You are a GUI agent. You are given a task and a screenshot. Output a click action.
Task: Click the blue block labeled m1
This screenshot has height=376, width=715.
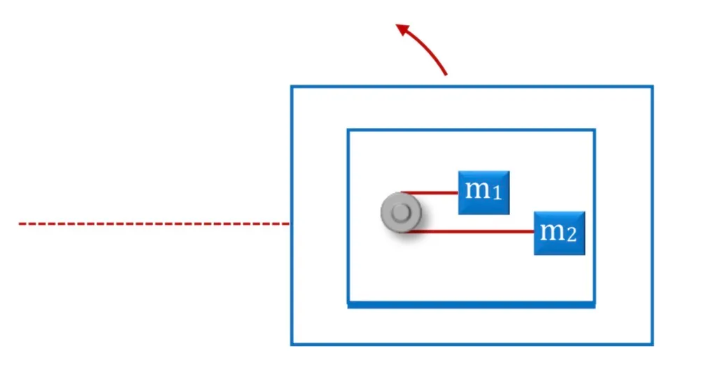click(x=484, y=192)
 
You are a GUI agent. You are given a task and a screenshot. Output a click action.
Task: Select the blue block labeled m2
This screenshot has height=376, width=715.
click(x=560, y=233)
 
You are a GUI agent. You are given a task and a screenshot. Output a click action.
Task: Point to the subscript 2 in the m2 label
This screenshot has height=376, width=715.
click(x=572, y=235)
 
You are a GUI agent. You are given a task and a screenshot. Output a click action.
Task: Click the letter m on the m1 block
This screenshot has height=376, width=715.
click(x=478, y=189)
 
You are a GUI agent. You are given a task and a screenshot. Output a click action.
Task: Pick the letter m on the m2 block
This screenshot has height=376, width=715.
click(x=553, y=231)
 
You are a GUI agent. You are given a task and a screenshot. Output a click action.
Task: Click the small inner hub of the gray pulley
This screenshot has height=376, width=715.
click(x=401, y=212)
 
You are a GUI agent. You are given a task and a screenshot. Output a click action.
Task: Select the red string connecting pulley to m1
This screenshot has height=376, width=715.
click(x=430, y=193)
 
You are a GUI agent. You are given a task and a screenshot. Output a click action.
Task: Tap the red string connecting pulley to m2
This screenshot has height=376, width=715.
click(x=471, y=231)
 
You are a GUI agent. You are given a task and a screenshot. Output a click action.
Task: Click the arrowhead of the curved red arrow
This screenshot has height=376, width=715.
click(x=402, y=29)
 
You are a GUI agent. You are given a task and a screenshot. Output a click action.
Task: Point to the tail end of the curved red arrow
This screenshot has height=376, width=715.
click(x=446, y=74)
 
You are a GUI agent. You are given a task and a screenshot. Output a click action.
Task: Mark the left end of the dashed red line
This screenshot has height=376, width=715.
click(x=20, y=224)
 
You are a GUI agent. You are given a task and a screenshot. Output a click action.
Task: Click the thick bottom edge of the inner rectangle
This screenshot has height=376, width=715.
click(x=472, y=305)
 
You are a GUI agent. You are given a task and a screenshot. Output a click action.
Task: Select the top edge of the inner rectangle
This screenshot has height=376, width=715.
click(x=472, y=131)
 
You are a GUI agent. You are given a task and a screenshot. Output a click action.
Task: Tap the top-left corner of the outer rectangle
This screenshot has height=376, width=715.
click(x=292, y=86)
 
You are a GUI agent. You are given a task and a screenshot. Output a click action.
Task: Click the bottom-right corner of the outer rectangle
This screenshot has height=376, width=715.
click(x=653, y=344)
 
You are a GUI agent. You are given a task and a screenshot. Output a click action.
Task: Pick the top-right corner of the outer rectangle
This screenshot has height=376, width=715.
click(x=653, y=86)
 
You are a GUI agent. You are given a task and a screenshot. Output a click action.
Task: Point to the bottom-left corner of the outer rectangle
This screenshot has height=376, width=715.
click(x=292, y=344)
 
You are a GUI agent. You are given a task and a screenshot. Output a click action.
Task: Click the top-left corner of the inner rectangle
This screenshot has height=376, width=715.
click(x=348, y=131)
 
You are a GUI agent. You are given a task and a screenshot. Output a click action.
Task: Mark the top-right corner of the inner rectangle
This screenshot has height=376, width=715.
click(x=595, y=131)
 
